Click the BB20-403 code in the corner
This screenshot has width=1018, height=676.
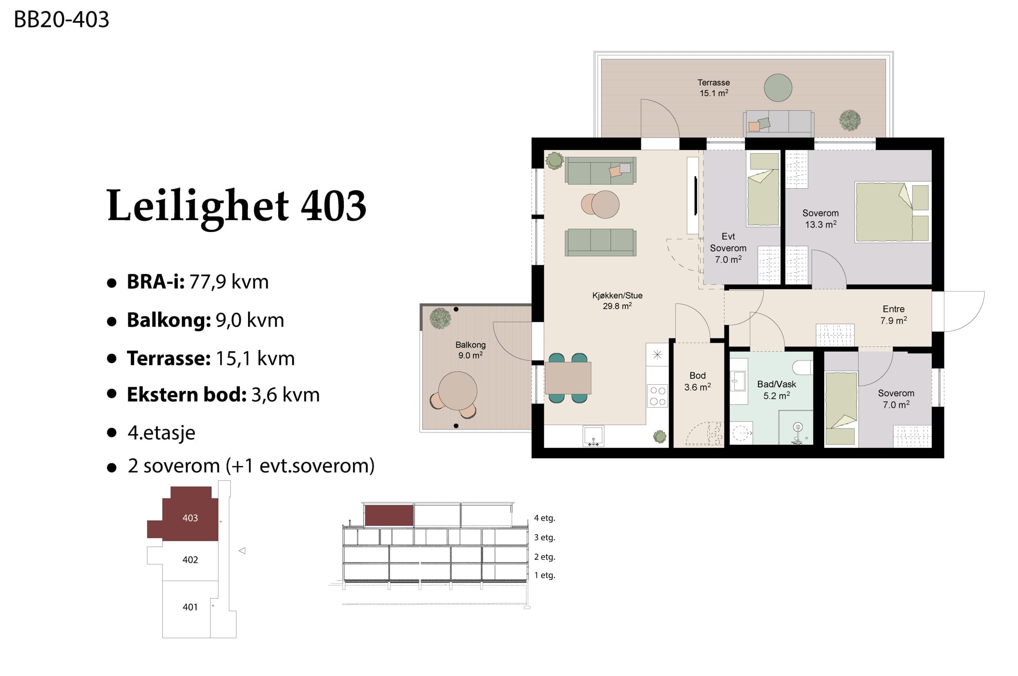(x=61, y=19)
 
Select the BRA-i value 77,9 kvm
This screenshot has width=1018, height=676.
(x=229, y=281)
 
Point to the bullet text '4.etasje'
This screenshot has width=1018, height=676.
(x=161, y=433)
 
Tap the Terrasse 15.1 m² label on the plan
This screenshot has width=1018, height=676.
(x=714, y=87)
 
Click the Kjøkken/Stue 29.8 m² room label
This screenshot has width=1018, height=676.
(x=617, y=300)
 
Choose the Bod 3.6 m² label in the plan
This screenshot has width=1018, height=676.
(x=697, y=381)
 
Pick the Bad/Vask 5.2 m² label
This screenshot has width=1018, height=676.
(x=777, y=390)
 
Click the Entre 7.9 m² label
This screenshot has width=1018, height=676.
(x=894, y=315)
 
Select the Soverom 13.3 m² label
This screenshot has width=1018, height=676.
(x=820, y=219)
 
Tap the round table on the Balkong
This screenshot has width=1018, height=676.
(x=458, y=391)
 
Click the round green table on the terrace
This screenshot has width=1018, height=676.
(x=778, y=87)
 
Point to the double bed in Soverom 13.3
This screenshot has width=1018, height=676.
(x=892, y=212)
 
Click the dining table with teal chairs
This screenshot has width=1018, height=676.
(x=568, y=378)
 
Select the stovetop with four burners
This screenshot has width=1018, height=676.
(x=657, y=396)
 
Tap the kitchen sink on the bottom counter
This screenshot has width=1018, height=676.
(x=593, y=436)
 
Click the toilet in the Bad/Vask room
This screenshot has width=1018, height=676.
(x=802, y=367)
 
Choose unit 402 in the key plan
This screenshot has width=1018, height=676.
(x=190, y=560)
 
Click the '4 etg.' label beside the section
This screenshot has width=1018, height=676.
(x=544, y=518)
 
